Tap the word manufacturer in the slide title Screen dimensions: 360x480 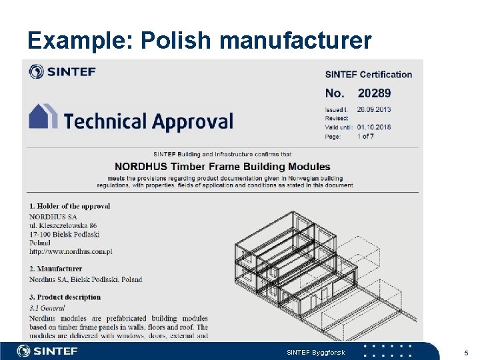tap(295, 41)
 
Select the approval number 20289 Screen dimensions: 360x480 tap(374, 93)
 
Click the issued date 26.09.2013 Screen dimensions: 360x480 tap(374, 109)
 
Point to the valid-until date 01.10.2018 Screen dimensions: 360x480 tap(374, 127)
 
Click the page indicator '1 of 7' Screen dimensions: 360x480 tap(366, 137)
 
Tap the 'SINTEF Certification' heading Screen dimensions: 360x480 tap(368, 75)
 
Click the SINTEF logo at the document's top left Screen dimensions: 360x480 tap(62, 71)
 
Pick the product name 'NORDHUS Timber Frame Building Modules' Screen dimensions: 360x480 tap(222, 166)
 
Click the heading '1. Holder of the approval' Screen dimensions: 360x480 tap(69, 206)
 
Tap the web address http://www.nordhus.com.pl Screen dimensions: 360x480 tap(71, 252)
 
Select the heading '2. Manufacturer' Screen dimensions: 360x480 tap(55, 269)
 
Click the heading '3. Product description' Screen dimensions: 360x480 tap(65, 297)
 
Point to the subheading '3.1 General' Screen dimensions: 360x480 tap(47, 308)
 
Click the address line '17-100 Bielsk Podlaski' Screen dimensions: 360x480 tap(64, 234)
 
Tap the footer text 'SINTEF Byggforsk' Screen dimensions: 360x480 tap(315, 352)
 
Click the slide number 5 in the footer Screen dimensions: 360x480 tap(466, 352)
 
